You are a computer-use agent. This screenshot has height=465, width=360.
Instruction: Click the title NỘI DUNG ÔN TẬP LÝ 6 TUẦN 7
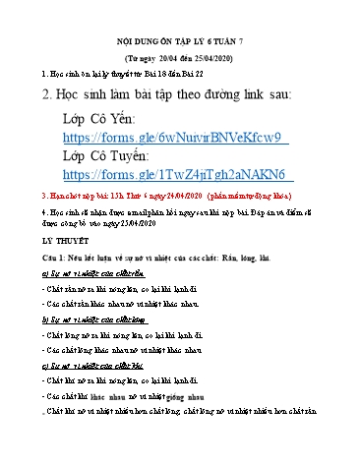point(180,44)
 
